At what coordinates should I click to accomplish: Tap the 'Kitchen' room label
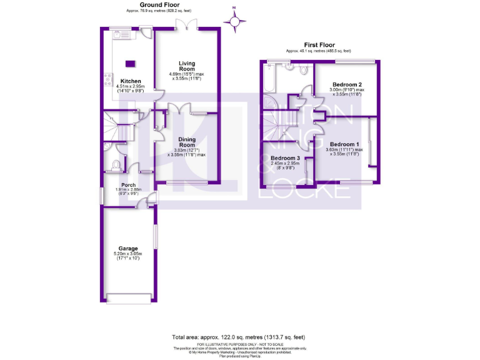tap(131, 81)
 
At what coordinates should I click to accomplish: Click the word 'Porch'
tap(129, 184)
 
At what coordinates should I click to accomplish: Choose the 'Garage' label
tap(128, 248)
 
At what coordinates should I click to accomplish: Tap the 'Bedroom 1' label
tap(346, 143)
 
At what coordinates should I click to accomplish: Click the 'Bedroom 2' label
tap(347, 84)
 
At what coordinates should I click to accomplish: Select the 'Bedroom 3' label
tap(285, 159)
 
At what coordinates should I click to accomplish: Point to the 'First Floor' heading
tap(318, 45)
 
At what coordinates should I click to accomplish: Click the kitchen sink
tap(117, 35)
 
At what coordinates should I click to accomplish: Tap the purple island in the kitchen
tap(131, 62)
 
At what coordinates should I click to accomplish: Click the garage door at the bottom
tap(128, 297)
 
